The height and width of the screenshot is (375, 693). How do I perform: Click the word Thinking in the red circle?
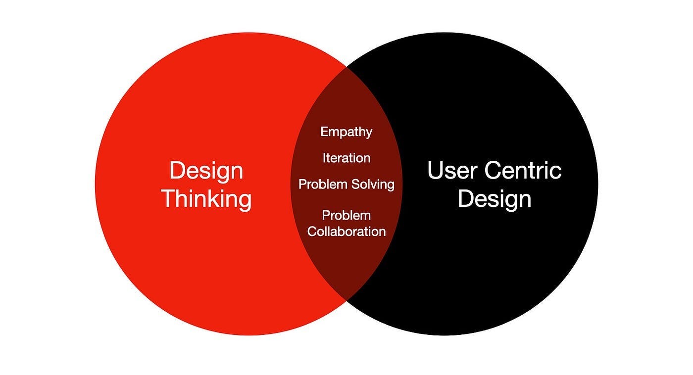206,199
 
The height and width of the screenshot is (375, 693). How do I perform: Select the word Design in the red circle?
206,171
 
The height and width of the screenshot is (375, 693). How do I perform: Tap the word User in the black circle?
451,171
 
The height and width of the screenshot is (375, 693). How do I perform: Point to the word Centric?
523,171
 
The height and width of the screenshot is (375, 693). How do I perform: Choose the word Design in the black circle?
494,199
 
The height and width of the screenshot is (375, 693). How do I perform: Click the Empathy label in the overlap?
346,132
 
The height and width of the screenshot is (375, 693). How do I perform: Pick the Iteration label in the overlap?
346,158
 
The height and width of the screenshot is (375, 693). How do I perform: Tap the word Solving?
373,185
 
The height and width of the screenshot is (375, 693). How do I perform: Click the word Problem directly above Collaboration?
346,216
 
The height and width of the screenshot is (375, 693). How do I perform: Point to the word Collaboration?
346,231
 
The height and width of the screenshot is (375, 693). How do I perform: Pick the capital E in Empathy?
324,132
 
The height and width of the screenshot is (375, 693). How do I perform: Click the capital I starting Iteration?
324,158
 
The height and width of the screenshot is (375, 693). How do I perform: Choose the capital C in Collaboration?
312,231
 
